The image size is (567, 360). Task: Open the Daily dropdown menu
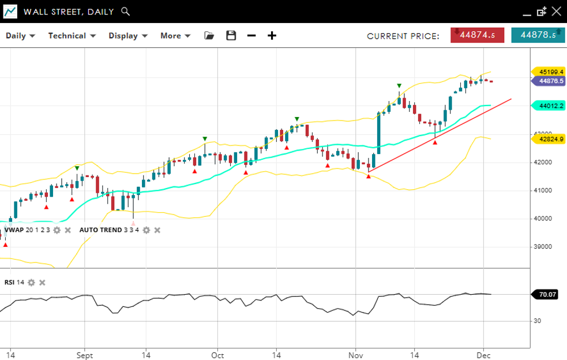click(20, 36)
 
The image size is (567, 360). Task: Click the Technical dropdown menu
click(71, 36)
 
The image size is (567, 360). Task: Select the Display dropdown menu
click(128, 36)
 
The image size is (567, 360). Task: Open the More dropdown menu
click(175, 36)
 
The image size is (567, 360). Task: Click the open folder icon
click(209, 36)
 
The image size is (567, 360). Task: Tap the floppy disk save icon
click(231, 36)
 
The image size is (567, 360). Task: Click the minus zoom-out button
click(251, 36)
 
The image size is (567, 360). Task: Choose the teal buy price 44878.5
click(538, 35)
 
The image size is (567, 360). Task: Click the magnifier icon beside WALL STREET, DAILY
click(126, 12)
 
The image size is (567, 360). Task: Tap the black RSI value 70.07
click(547, 294)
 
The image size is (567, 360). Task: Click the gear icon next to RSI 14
click(32, 283)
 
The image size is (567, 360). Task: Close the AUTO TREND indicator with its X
click(157, 230)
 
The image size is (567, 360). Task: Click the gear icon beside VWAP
click(57, 230)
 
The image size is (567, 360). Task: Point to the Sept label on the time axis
click(85, 356)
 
